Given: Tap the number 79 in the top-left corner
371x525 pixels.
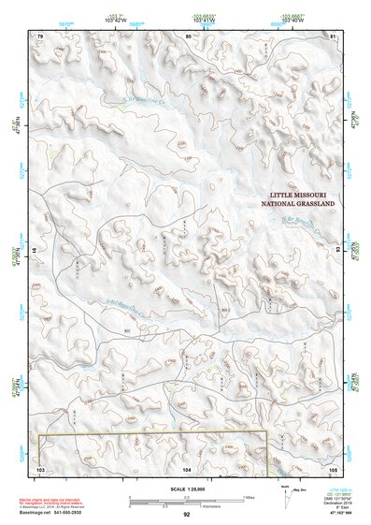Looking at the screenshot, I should (x=40, y=36).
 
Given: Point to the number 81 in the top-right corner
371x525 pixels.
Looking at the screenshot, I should (x=333, y=36).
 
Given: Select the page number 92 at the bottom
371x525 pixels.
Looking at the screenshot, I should (x=187, y=514).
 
